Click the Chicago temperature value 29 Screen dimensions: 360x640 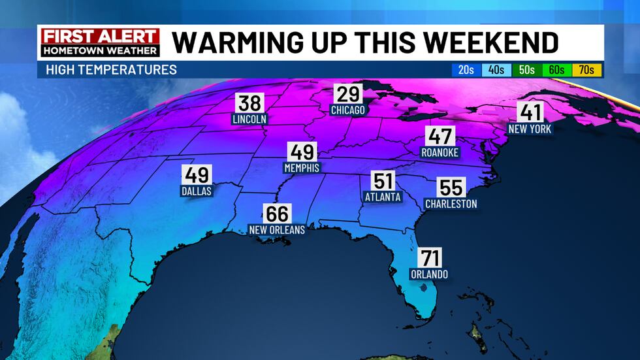[x=347, y=94]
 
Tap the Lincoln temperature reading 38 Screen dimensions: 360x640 [x=249, y=103]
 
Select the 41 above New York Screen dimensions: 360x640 [x=530, y=112]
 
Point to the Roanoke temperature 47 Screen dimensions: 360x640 [x=439, y=137]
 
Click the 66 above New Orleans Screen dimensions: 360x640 [x=277, y=214]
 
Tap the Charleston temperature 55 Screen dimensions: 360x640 [x=451, y=188]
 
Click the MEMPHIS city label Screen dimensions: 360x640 [x=302, y=168]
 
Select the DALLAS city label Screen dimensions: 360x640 [x=197, y=191]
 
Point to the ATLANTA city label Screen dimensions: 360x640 [x=383, y=197]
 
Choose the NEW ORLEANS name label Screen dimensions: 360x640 [x=277, y=230]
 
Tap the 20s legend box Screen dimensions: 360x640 [x=466, y=70]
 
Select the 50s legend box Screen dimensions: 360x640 [x=526, y=70]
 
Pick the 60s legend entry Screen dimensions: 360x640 [x=556, y=70]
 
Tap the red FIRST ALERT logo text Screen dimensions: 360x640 [x=100, y=36]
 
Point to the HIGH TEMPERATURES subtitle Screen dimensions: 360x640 [x=111, y=70]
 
